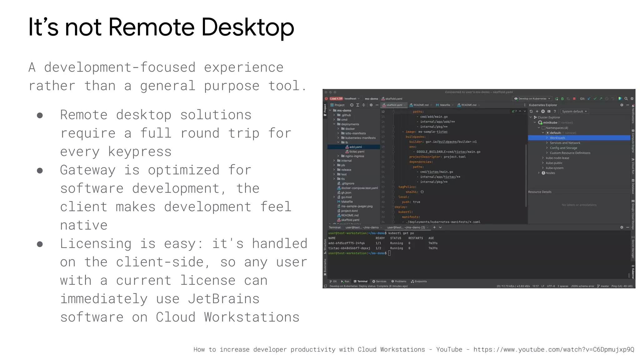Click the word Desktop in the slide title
(247, 27)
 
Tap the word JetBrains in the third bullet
(223, 299)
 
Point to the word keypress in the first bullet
(116, 152)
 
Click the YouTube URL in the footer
(554, 350)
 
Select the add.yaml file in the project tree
(355, 147)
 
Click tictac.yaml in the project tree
(357, 152)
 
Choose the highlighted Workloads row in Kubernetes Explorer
(557, 138)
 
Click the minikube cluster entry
(550, 122)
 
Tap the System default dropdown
(574, 112)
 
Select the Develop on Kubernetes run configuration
(532, 99)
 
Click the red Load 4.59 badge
(336, 99)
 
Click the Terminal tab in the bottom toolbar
(362, 281)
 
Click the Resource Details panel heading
(540, 192)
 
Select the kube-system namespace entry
(554, 168)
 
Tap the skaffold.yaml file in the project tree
(350, 220)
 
